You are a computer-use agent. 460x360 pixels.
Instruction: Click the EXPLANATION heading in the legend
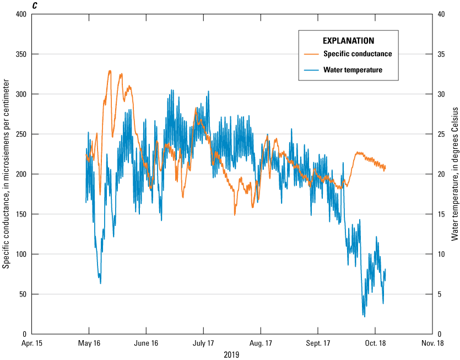click(348, 41)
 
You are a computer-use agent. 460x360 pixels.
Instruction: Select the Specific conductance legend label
click(358, 53)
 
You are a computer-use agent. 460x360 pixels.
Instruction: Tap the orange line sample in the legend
click(311, 54)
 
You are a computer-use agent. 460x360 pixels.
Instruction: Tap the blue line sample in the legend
click(311, 70)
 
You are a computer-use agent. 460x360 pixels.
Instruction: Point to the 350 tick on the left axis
click(21, 54)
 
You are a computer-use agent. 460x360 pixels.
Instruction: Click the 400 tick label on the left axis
click(21, 14)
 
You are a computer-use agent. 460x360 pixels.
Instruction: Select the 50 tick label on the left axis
click(23, 294)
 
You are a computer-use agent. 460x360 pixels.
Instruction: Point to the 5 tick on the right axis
click(438, 294)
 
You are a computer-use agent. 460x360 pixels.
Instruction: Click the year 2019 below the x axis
click(232, 354)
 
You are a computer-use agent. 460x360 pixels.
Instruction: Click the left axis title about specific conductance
click(6, 174)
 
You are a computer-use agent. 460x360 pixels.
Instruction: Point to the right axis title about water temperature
click(454, 174)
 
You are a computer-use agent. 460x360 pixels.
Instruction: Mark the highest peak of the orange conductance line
click(110, 71)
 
